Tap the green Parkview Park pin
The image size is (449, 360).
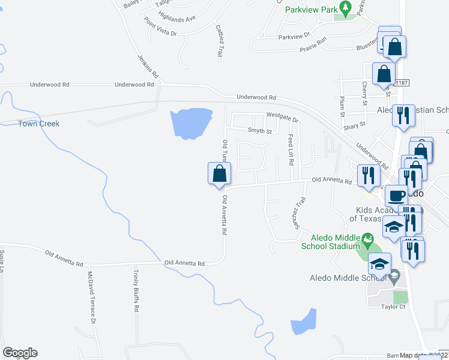[345, 8]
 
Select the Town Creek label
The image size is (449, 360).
[38, 124]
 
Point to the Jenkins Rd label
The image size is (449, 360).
[148, 67]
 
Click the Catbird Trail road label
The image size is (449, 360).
[219, 40]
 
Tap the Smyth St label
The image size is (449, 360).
[260, 131]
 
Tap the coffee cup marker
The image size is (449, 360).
[397, 196]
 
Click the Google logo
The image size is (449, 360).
[20, 353]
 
